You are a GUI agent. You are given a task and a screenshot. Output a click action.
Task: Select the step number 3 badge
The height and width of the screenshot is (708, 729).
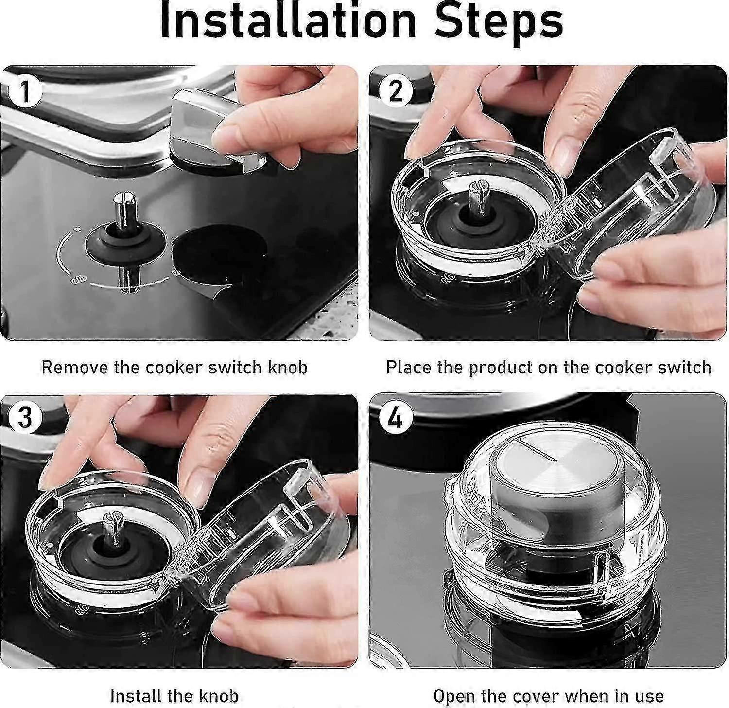click(24, 419)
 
